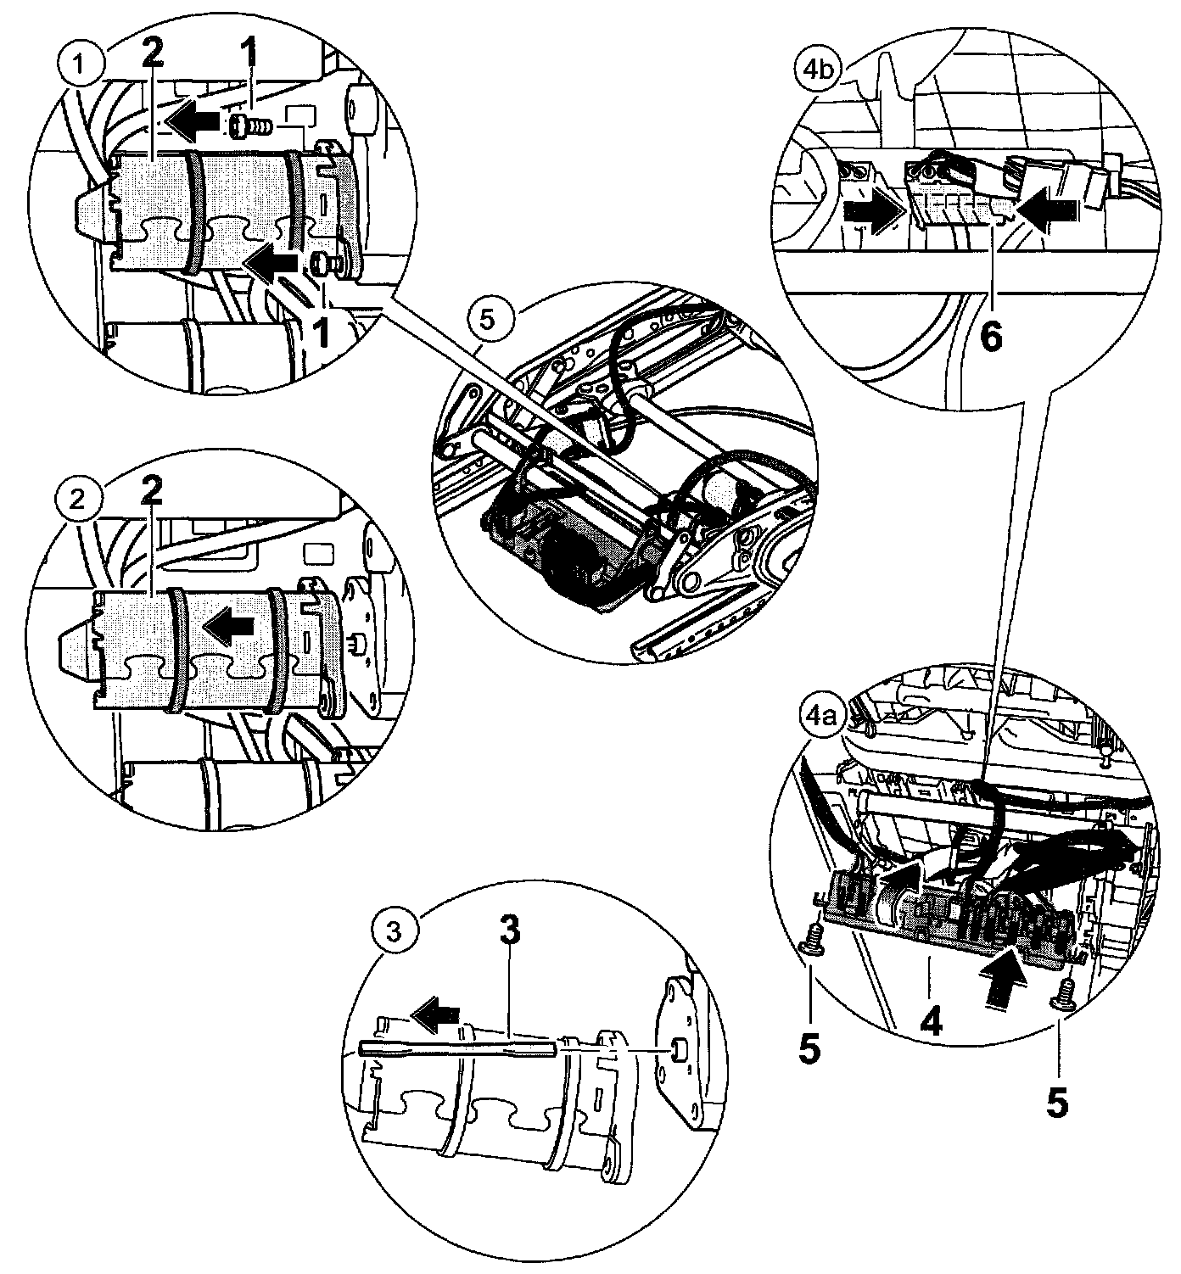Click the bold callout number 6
(x=990, y=335)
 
